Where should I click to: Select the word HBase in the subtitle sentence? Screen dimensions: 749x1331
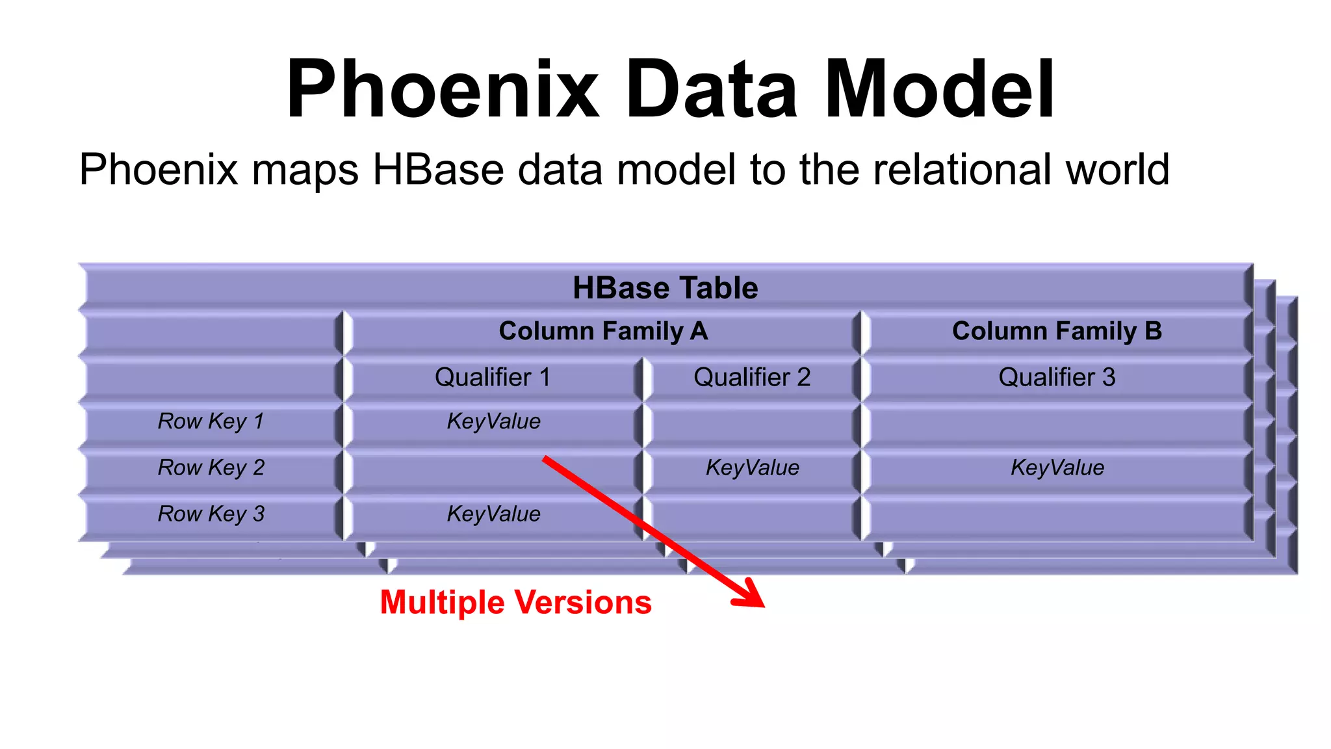(x=438, y=170)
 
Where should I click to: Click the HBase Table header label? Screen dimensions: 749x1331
(x=665, y=288)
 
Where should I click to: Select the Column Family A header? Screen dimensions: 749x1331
(x=603, y=331)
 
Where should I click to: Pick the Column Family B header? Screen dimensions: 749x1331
(x=1057, y=331)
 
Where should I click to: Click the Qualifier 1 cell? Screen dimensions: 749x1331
(x=493, y=377)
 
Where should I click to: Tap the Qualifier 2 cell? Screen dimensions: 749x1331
(x=752, y=377)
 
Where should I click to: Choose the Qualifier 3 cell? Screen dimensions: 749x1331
(x=1057, y=377)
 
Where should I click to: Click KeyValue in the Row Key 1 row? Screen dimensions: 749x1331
(x=493, y=421)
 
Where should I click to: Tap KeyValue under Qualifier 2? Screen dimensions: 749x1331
(x=752, y=467)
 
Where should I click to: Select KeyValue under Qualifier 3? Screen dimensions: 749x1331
(x=1057, y=467)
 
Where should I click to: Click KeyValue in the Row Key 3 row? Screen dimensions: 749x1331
(x=493, y=514)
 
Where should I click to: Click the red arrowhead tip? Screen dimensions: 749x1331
(x=763, y=605)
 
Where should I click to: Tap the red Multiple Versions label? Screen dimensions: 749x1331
(x=515, y=602)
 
